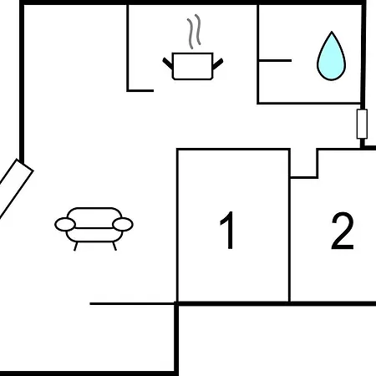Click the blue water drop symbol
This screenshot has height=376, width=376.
[332, 57]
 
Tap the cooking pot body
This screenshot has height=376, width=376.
[193, 66]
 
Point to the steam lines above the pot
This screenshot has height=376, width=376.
[194, 32]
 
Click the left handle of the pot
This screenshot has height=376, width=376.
[168, 64]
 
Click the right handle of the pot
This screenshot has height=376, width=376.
[217, 64]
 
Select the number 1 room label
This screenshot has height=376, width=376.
[228, 230]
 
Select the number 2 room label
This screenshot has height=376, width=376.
[343, 231]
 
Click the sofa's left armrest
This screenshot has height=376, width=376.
[65, 225]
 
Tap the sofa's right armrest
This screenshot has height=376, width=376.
[123, 225]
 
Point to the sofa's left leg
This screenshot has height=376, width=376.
[75, 246]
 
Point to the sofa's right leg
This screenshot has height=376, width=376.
[114, 246]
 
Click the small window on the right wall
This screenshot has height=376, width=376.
[362, 124]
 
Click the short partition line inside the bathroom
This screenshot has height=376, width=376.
[275, 60]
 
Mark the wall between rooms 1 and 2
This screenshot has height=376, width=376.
[290, 226]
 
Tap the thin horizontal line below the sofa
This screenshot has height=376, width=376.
[132, 304]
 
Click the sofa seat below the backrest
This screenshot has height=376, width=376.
[94, 235]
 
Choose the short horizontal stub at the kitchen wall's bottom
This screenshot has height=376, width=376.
[140, 90]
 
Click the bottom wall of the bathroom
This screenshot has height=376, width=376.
[309, 104]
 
